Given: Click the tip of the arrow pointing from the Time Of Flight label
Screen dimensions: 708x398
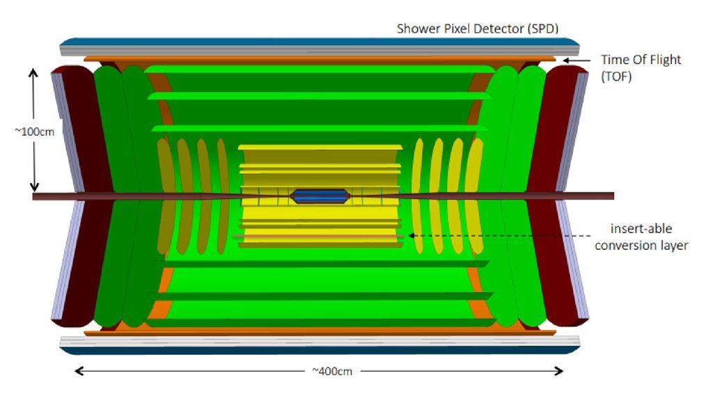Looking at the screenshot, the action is [x=563, y=60].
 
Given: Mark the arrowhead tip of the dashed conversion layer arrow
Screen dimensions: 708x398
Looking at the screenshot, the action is [x=408, y=236].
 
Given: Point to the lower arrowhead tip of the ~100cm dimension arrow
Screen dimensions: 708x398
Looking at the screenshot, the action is [x=34, y=192].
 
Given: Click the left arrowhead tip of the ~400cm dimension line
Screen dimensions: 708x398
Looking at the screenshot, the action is [x=74, y=372].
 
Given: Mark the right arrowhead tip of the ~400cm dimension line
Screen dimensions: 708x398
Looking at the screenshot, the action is [x=563, y=372].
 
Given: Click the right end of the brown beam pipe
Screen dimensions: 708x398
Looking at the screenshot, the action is [x=614, y=196].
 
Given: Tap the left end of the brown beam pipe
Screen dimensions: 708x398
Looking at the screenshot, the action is [x=33, y=197].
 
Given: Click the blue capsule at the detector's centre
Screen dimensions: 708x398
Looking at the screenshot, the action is [x=320, y=196].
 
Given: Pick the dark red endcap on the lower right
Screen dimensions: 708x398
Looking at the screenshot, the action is [x=559, y=262].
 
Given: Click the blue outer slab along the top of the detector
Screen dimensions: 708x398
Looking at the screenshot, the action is [x=320, y=42].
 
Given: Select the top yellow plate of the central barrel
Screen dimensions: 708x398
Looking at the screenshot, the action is [x=320, y=148].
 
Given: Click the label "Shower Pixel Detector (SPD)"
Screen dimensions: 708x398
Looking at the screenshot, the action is [x=478, y=29].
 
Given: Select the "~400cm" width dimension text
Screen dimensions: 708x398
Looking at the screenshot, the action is [x=332, y=372].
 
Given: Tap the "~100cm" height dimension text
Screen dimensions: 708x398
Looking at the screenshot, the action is [x=34, y=132].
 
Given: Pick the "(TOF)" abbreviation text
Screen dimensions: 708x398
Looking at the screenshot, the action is [x=616, y=77].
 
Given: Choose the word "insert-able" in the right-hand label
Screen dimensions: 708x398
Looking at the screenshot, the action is [x=641, y=229].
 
